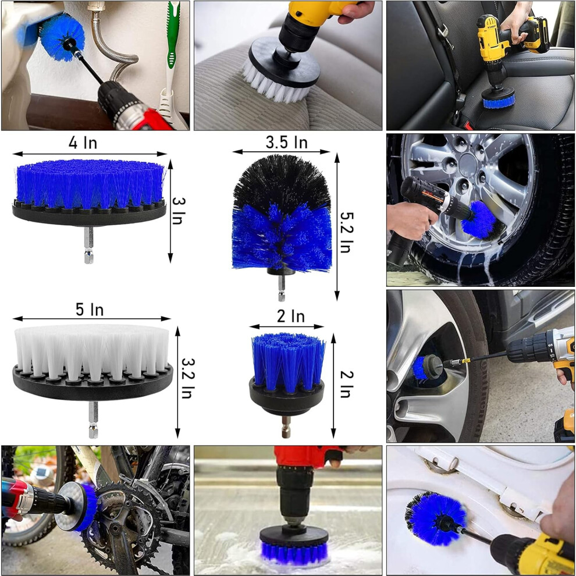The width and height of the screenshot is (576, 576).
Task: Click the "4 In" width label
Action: click(x=83, y=143)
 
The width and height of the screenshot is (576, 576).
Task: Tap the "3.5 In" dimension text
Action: click(x=286, y=142)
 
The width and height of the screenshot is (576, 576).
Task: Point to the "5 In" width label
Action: click(x=90, y=310)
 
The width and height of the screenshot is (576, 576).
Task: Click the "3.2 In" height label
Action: click(x=187, y=378)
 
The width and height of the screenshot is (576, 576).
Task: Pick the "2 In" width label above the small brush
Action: click(x=291, y=317)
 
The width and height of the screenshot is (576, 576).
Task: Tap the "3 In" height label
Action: click(x=179, y=211)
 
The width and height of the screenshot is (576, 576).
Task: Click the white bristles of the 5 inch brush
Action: click(x=91, y=351)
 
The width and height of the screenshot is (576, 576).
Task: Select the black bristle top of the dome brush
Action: click(x=282, y=182)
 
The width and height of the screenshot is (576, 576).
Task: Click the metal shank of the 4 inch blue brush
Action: click(x=88, y=245)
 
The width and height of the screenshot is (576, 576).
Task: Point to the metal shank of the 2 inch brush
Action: click(x=286, y=427)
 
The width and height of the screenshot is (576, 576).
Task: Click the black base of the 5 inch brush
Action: click(x=93, y=382)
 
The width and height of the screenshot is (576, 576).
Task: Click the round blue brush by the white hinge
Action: click(x=435, y=518)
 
